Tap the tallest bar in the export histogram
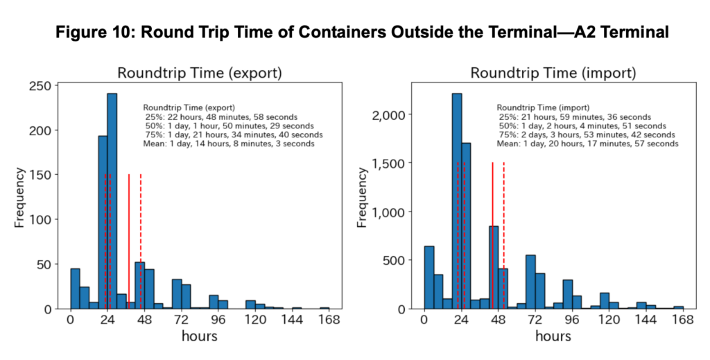(112, 201)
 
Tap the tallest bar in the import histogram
(456, 201)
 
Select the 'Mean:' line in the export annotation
(228, 144)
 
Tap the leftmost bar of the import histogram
(428, 277)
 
